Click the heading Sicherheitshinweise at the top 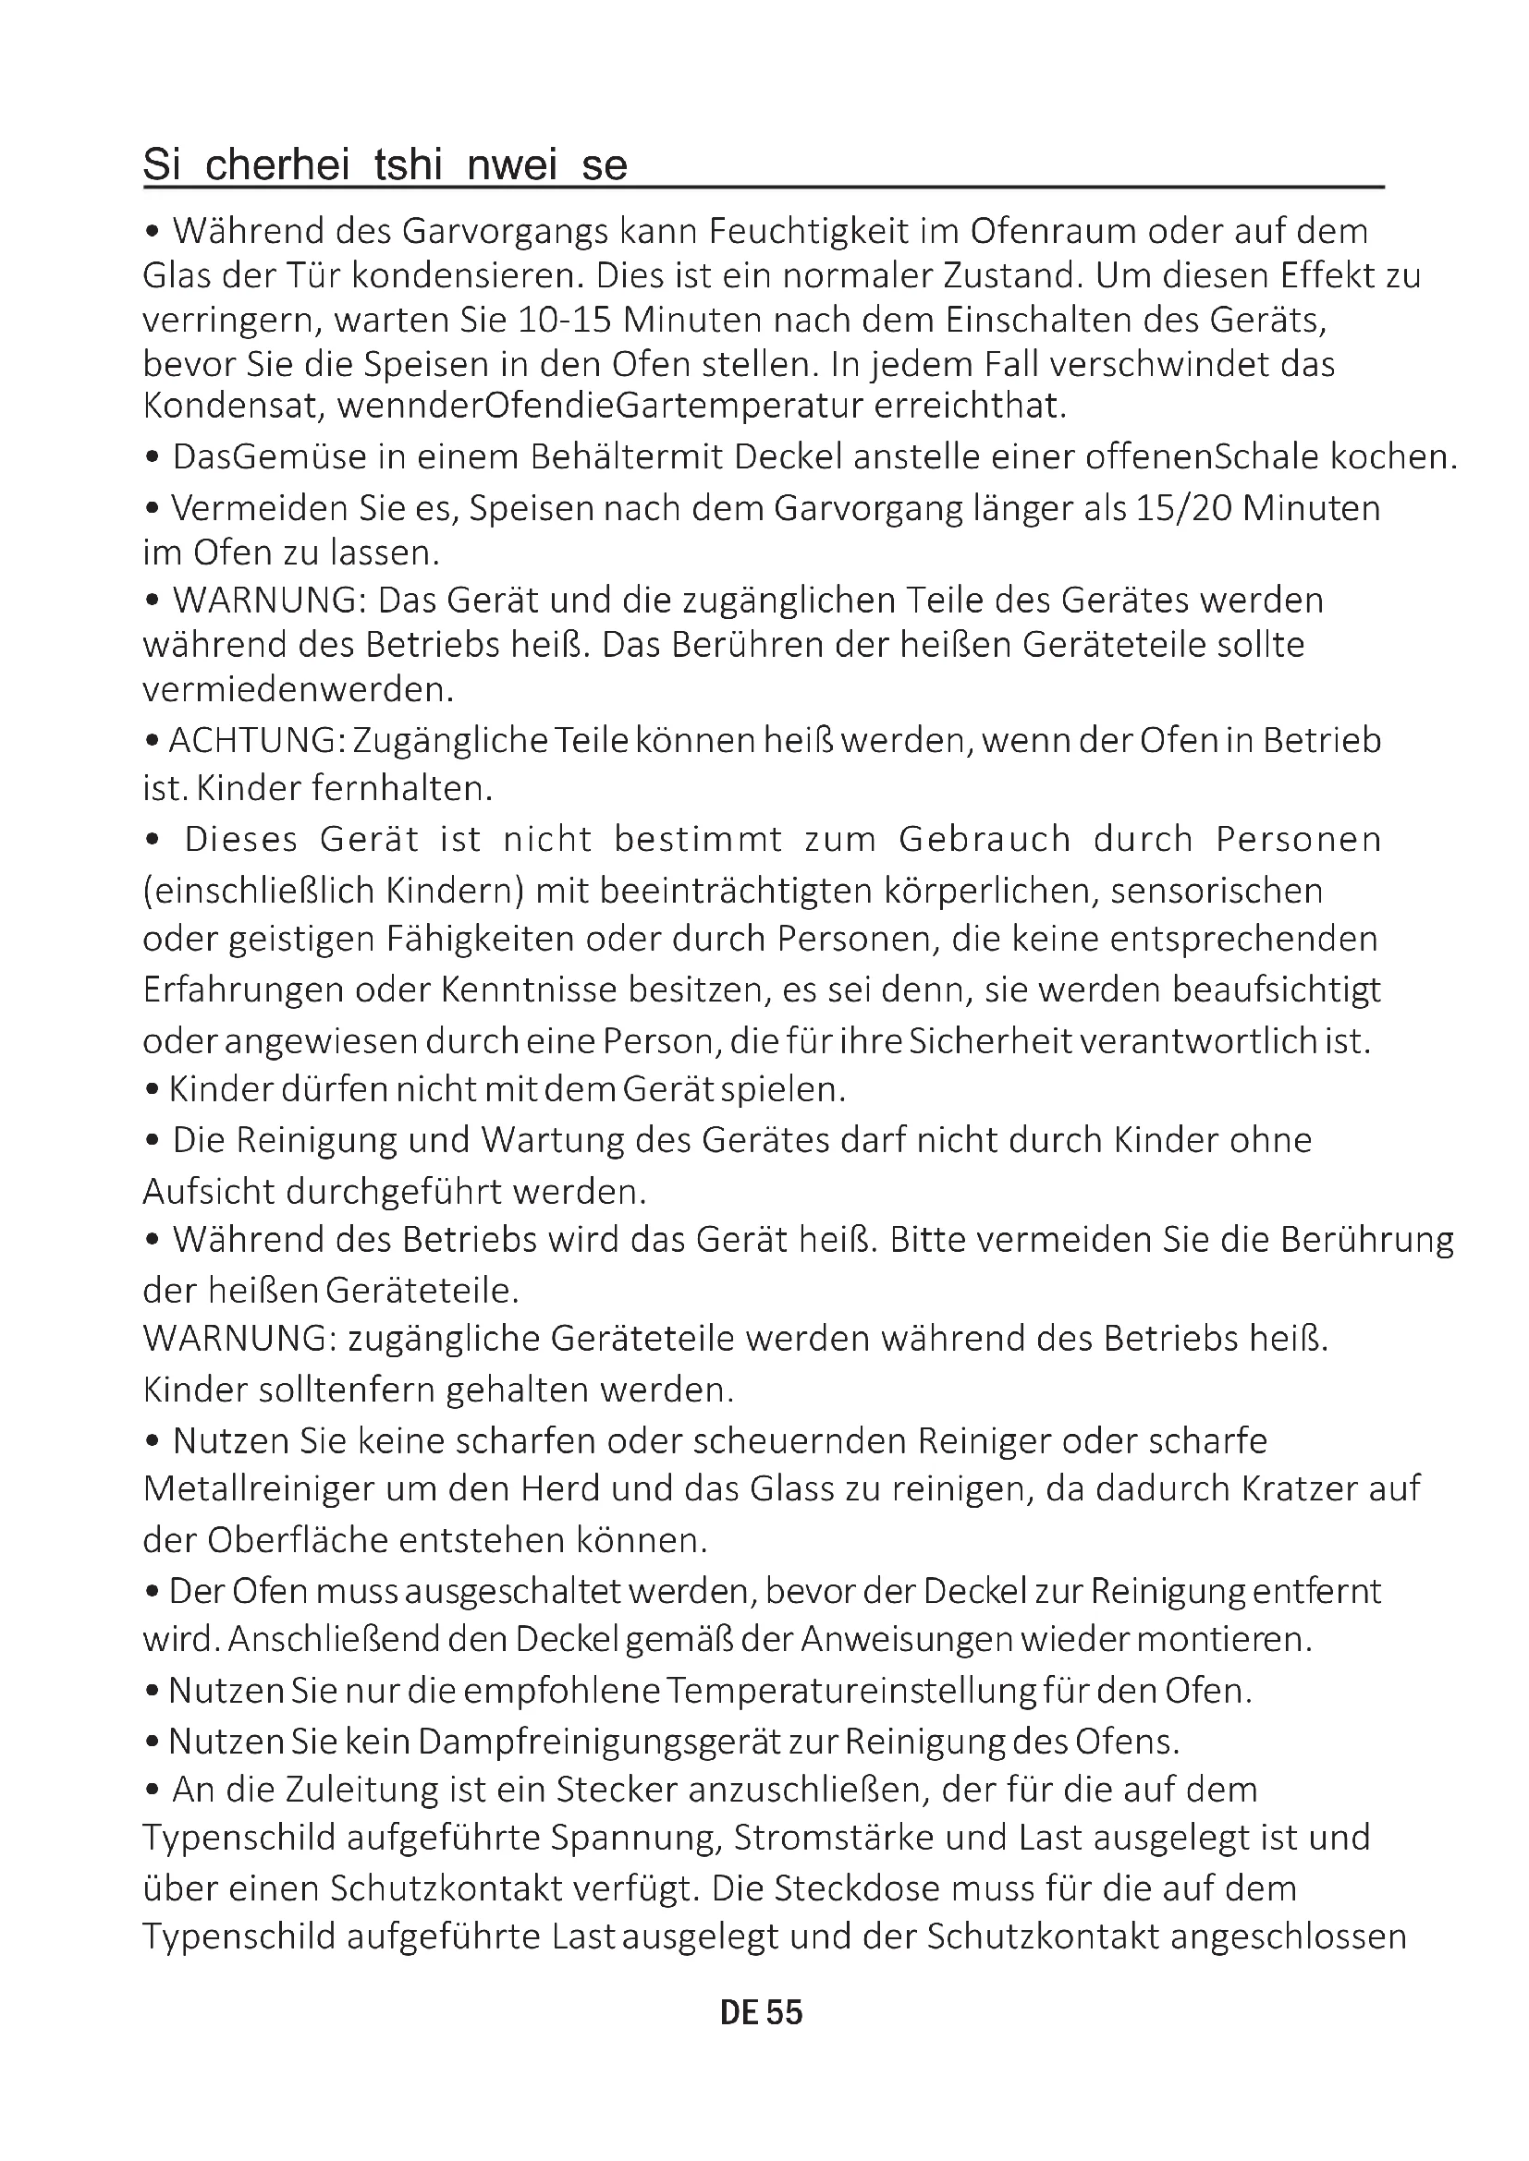pos(385,165)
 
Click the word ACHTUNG pos(251,741)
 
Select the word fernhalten pos(402,788)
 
